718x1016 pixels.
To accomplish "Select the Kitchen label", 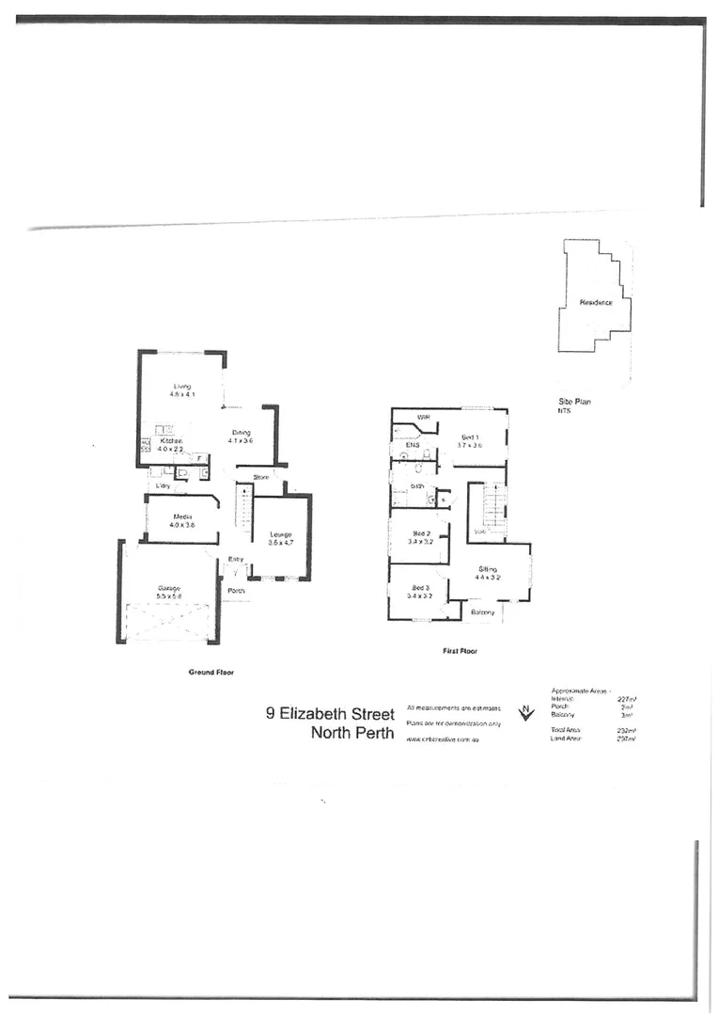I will tap(170, 441).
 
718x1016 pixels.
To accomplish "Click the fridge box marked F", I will tap(200, 458).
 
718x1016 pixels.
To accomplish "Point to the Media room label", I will tap(181, 516).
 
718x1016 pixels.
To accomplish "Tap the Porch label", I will tap(237, 591).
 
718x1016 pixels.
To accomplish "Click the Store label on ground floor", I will tap(261, 478).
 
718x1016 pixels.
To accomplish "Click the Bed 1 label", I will tap(471, 437).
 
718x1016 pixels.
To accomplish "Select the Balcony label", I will tap(483, 612).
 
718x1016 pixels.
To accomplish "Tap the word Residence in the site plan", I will tap(596, 302).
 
